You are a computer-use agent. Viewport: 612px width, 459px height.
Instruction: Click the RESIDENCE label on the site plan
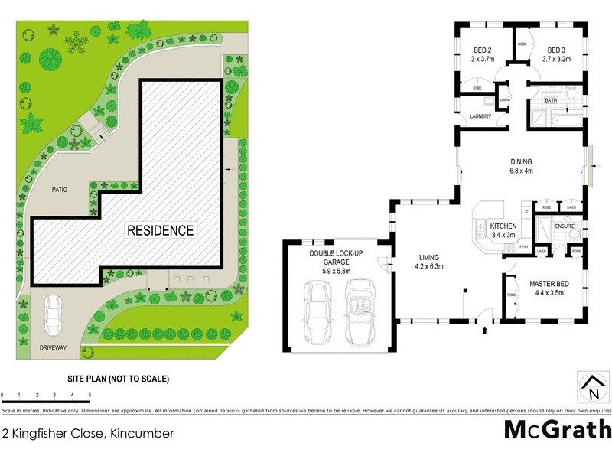[161, 229]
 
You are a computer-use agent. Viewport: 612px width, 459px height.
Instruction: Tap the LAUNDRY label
[480, 116]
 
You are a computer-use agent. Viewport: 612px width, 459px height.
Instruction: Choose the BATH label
[551, 101]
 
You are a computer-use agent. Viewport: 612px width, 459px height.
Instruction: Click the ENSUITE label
[565, 227]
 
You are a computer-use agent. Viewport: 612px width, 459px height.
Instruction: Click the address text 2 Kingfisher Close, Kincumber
[88, 434]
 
